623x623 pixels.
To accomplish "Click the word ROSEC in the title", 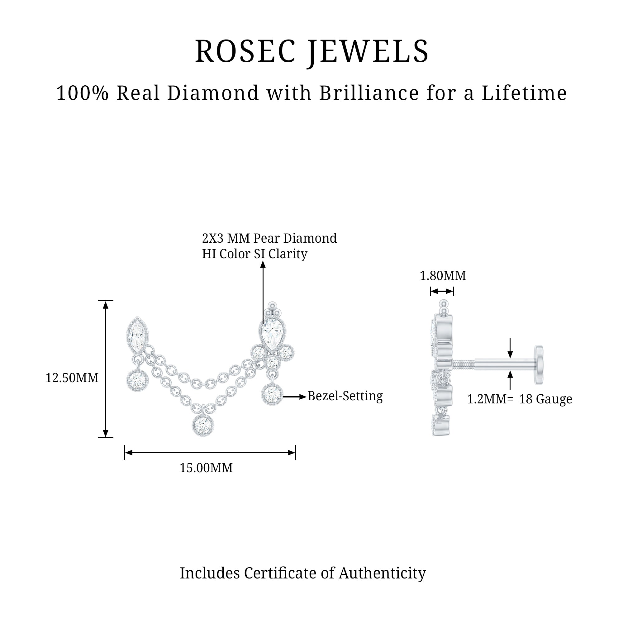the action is (245, 51).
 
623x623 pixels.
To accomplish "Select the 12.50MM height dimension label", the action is (72, 378).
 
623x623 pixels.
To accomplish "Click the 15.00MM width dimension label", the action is (206, 468).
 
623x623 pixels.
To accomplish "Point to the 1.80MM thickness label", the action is (443, 276).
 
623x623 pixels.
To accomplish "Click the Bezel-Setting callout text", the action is (345, 396).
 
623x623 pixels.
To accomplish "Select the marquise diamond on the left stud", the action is (137, 335).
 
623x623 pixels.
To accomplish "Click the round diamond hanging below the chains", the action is (203, 425).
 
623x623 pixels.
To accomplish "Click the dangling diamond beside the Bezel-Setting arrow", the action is (272, 394).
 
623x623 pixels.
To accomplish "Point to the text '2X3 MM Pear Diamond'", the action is (269, 238).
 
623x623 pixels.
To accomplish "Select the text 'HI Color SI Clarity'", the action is (255, 254).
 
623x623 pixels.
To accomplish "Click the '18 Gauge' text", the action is (546, 399).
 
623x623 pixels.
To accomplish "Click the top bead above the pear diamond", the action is (273, 305).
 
